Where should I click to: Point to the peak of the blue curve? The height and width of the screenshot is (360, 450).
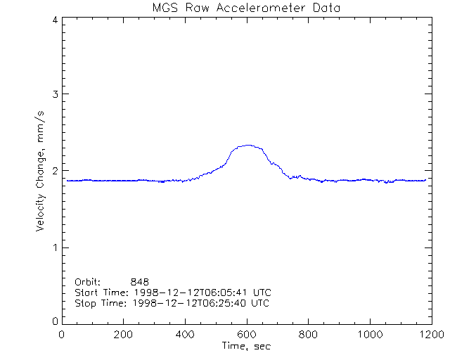(247, 146)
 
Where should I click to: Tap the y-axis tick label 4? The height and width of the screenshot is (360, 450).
(54, 20)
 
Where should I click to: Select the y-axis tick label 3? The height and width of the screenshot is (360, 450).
(54, 94)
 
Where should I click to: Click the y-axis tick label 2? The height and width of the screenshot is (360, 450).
(54, 171)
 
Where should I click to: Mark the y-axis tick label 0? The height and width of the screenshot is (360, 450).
(54, 321)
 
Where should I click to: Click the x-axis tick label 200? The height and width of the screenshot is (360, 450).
(124, 335)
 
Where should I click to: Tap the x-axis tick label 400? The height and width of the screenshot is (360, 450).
(185, 335)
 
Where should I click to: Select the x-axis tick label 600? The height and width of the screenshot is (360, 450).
(247, 335)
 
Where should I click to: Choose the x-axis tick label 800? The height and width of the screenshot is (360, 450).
(308, 335)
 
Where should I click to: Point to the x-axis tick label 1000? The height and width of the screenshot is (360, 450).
(369, 335)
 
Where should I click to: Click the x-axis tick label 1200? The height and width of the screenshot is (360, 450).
(430, 335)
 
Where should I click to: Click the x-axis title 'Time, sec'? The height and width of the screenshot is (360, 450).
(246, 346)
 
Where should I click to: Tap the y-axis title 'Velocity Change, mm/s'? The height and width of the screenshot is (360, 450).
(41, 171)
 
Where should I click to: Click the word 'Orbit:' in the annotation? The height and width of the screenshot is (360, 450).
(88, 281)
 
